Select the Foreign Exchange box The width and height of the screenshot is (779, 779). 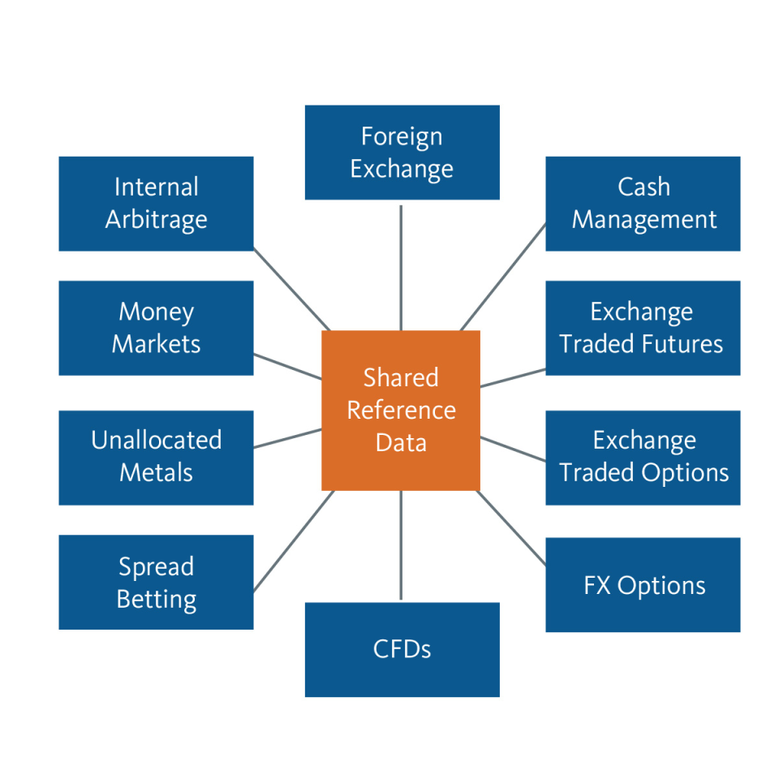click(x=402, y=153)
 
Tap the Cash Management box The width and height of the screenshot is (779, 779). click(x=643, y=204)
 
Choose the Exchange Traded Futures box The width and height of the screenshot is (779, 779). click(x=643, y=328)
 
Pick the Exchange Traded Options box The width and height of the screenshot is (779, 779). click(x=643, y=457)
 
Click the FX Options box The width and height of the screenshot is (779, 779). click(x=643, y=585)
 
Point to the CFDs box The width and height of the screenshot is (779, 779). click(x=402, y=649)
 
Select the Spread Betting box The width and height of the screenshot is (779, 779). click(x=156, y=583)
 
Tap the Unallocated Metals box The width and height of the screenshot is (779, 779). click(x=156, y=457)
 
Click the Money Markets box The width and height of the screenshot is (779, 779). click(x=156, y=328)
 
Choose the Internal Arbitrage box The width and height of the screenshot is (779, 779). click(x=156, y=204)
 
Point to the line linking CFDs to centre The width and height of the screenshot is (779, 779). click(x=401, y=546)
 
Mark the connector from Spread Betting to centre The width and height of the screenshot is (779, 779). click(x=293, y=541)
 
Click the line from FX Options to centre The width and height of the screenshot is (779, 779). click(x=512, y=527)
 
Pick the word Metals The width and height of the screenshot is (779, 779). click(x=156, y=472)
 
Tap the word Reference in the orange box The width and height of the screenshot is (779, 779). click(x=401, y=411)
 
